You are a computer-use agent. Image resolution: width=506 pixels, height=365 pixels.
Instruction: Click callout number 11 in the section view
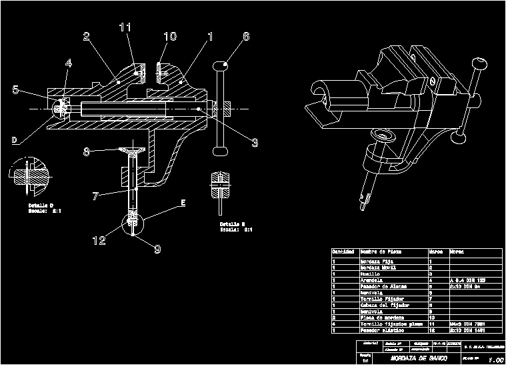click(125, 28)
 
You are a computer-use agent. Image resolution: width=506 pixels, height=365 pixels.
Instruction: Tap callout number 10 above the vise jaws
click(170, 36)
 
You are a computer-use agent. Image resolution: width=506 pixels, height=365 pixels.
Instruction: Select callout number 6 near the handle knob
click(246, 37)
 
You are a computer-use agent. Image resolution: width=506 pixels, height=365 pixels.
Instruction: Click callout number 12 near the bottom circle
click(99, 240)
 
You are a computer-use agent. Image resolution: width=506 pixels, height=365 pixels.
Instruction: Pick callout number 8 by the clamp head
click(86, 151)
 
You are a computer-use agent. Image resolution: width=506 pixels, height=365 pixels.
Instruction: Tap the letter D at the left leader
click(14, 139)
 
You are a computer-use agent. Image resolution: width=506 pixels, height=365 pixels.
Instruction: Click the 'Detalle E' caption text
click(233, 224)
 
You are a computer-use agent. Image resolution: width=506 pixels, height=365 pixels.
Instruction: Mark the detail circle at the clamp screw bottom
click(133, 219)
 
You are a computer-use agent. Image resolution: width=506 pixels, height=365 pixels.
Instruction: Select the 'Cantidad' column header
click(343, 252)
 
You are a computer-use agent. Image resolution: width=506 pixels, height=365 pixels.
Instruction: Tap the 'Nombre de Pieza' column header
click(381, 252)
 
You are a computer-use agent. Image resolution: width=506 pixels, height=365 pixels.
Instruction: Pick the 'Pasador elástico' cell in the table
click(380, 330)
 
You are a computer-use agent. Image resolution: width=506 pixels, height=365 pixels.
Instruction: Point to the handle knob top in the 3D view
click(477, 64)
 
